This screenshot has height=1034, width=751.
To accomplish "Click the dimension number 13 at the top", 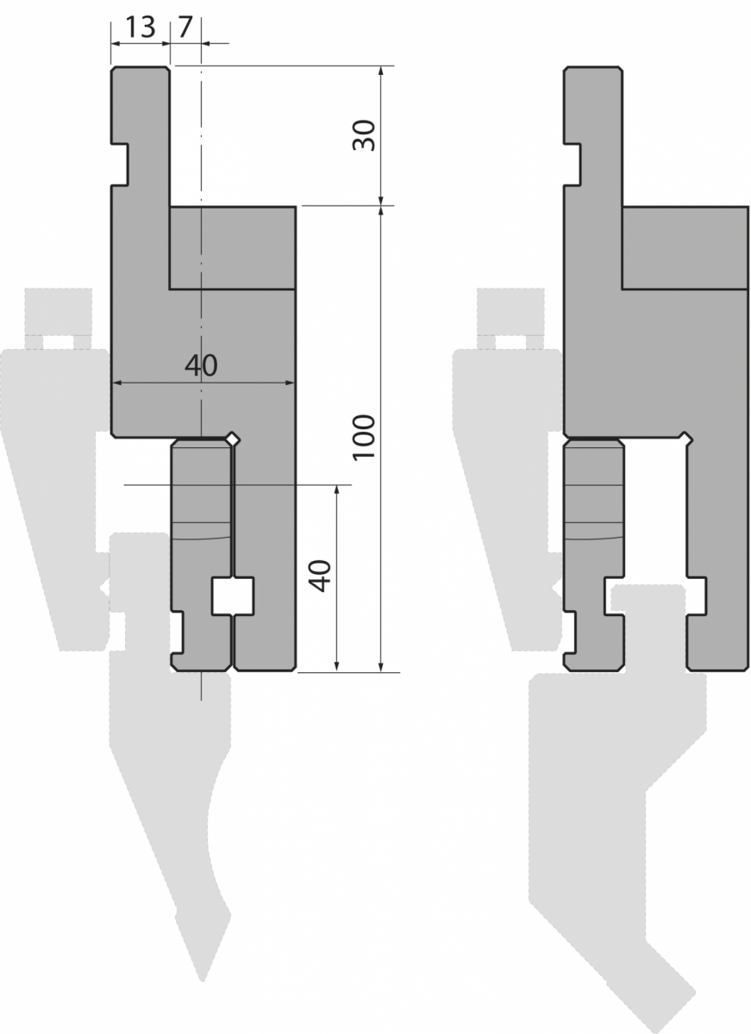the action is [141, 28].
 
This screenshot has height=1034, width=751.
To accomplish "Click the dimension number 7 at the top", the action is [185, 28].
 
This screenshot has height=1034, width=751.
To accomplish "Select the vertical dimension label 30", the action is [364, 135].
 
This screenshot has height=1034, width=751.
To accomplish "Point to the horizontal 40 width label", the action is [201, 365].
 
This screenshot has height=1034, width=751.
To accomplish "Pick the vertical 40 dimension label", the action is [320, 576].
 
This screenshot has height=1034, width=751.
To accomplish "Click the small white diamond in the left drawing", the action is [234, 438].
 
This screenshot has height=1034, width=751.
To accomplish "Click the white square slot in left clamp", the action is [232, 596].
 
